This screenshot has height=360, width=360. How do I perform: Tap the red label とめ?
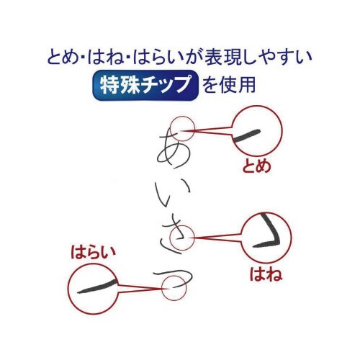click(x=257, y=167)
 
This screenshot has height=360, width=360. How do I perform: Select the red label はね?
click(x=264, y=274)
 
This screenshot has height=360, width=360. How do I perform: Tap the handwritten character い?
click(x=171, y=190)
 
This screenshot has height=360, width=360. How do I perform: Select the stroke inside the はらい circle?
click(x=96, y=288)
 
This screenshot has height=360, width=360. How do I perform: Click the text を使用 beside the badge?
click(x=229, y=86)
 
